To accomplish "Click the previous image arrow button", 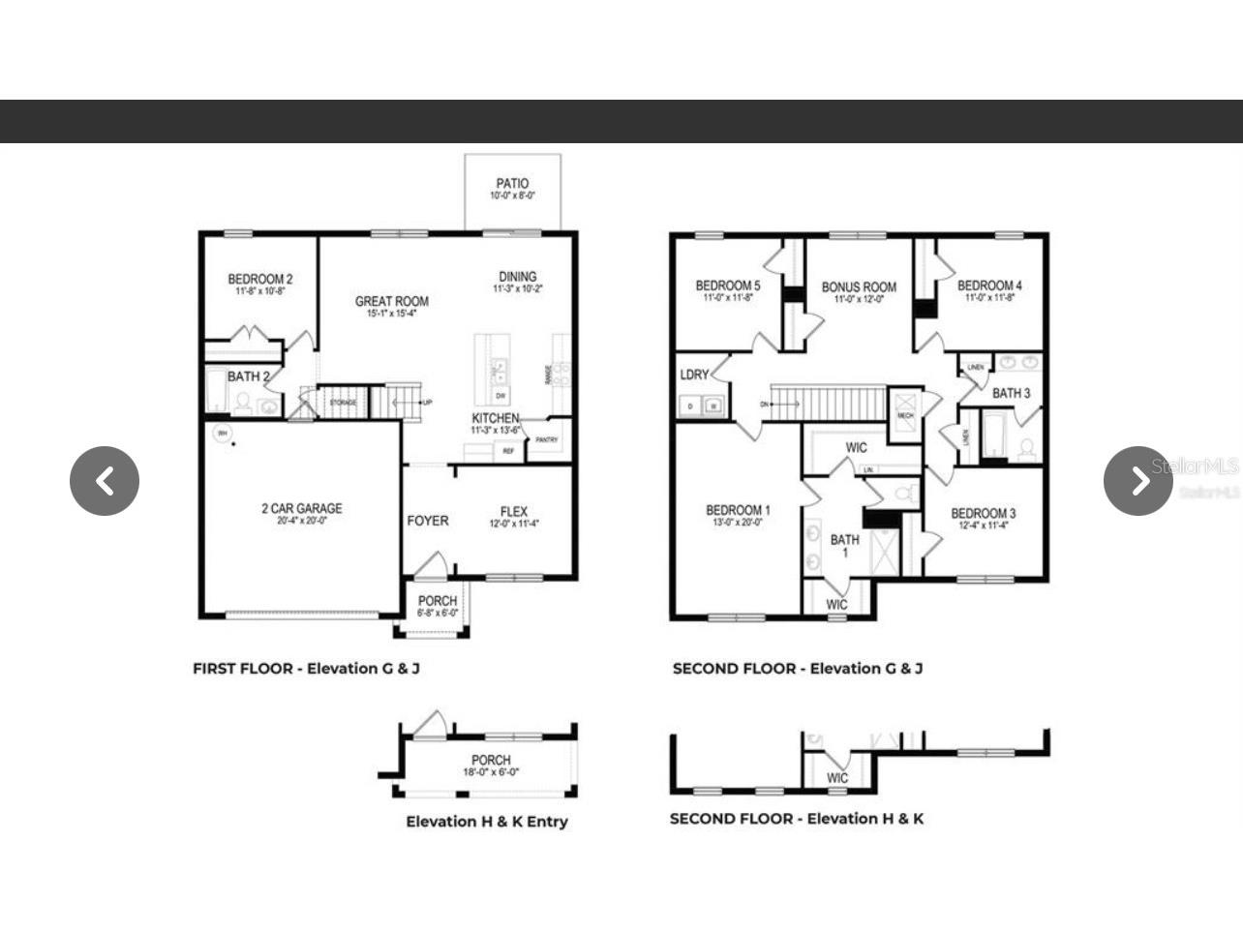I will pos(105,481).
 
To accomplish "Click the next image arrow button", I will pos(1138,481).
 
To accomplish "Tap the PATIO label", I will pos(512,183).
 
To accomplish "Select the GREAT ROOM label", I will pos(391,301).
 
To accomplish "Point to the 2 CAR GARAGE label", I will pos(301,508).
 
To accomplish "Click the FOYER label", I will pos(427,521).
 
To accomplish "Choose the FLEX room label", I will pos(514,511).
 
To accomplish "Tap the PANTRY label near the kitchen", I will pos(547,439).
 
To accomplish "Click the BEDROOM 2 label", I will pos(259,279).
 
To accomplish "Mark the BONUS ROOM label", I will pos(859,286).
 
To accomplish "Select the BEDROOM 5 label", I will pos(728,286).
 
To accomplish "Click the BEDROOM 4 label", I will pos(989,286).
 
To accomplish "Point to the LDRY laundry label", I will pos(694,375).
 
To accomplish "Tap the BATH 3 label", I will pos(1011,393).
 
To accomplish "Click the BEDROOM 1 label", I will pos(738,510).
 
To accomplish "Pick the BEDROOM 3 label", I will pos(983,513).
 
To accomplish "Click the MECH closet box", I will pos(905,414).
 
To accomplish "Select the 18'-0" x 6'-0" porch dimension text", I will pos(491,772).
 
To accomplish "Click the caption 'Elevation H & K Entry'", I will pos(487,822).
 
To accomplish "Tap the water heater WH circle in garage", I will pos(223,434).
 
